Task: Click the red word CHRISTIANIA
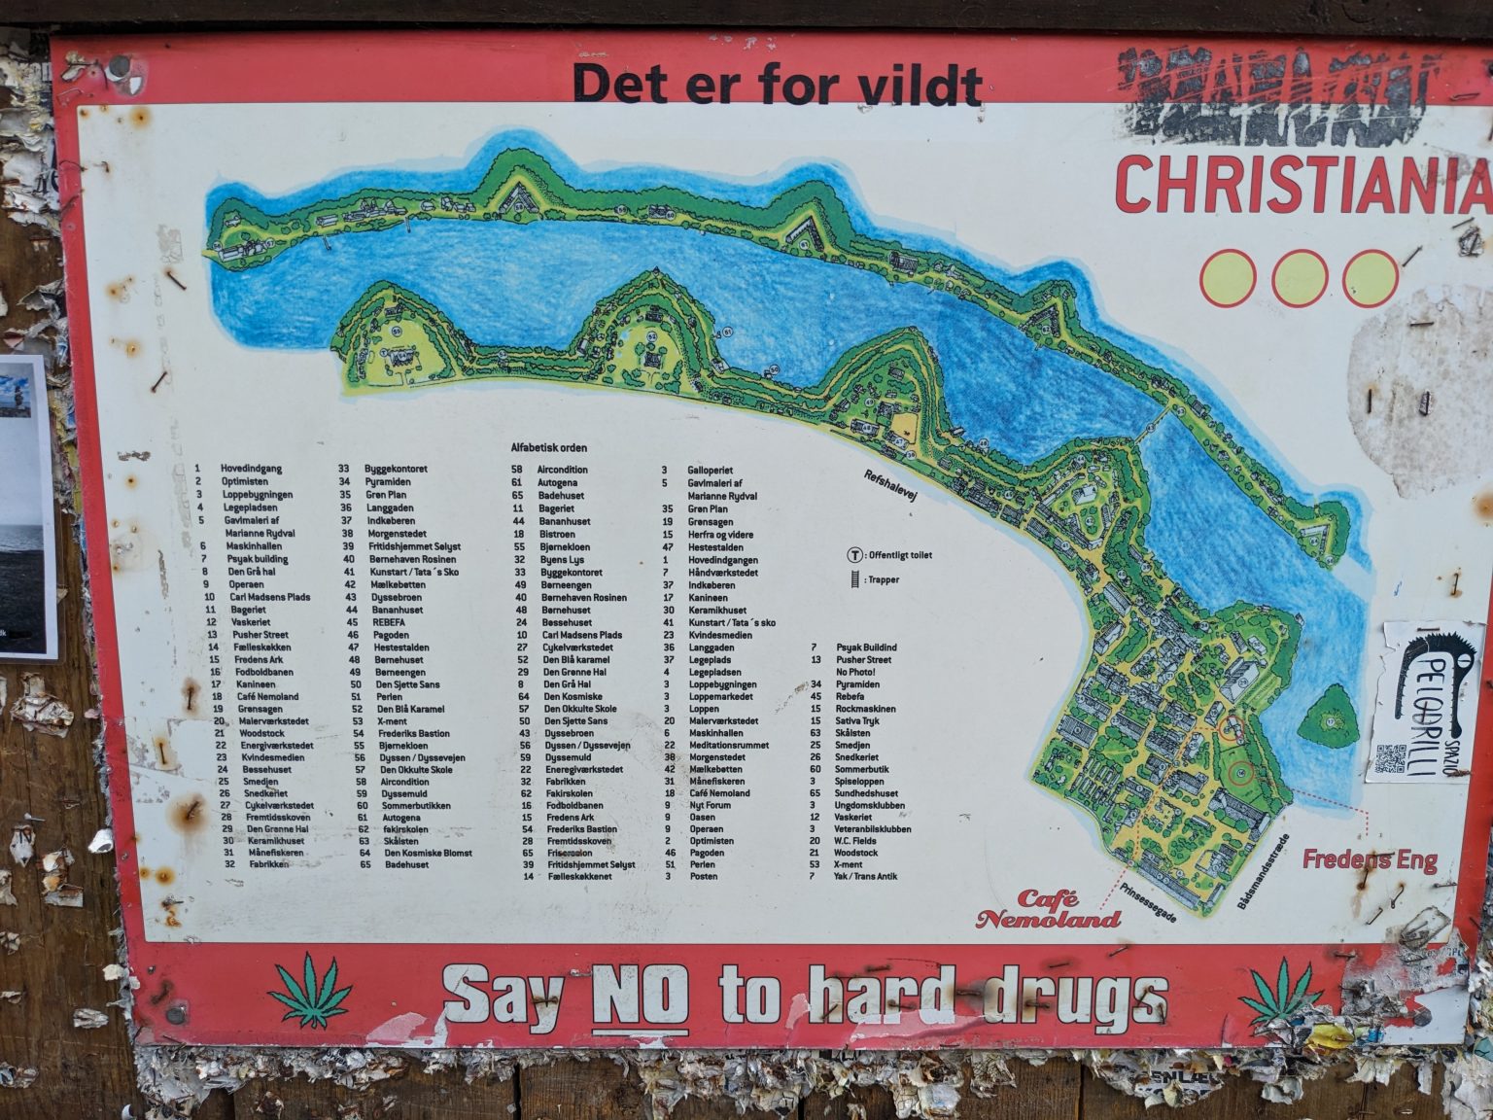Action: (1301, 185)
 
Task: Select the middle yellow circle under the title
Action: (1300, 277)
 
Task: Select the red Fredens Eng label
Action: (1370, 859)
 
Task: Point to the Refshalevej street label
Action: (890, 484)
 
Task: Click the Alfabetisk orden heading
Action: (549, 448)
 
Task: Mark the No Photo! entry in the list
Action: (855, 672)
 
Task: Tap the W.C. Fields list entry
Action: (855, 840)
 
